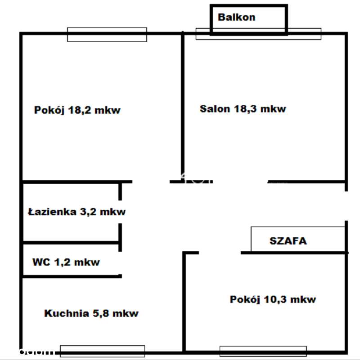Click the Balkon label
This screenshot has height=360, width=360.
tap(236, 18)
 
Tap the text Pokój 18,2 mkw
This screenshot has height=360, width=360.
tap(77, 110)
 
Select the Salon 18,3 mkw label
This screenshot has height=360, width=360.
tap(243, 109)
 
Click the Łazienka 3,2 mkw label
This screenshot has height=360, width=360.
tap(76, 212)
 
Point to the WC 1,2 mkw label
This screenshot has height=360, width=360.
tap(66, 262)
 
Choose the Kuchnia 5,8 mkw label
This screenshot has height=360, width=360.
tap(91, 313)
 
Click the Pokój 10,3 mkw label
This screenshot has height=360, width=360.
tap(273, 299)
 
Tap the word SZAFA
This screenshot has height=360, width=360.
tap(288, 240)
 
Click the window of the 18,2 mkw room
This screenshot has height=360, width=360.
tap(107, 35)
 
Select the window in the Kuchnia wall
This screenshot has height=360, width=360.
tap(102, 351)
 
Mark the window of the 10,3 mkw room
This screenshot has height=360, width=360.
tap(263, 351)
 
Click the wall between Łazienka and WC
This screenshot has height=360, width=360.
tap(71, 243)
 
